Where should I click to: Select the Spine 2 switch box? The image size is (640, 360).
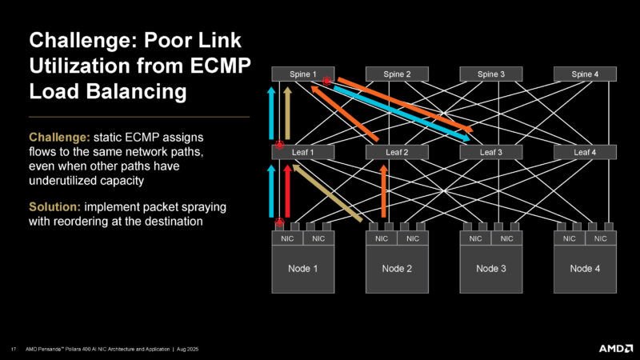[397, 75]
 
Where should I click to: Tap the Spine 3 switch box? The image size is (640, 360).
[491, 75]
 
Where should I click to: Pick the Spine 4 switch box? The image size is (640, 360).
[585, 75]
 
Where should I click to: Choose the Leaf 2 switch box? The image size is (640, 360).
[397, 152]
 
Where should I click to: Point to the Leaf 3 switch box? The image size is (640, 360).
[491, 152]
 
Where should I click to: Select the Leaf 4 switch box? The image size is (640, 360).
[585, 152]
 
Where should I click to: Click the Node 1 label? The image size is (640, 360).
[302, 269]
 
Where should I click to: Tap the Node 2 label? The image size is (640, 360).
[397, 269]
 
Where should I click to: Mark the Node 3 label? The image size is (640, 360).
[491, 269]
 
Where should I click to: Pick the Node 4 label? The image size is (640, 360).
[585, 269]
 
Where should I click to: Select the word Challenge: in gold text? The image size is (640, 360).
[54, 138]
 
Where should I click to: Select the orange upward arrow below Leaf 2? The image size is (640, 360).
[384, 192]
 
